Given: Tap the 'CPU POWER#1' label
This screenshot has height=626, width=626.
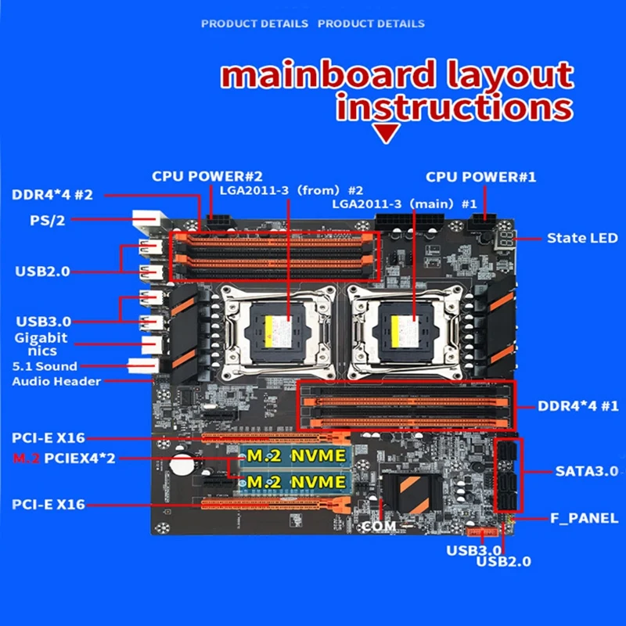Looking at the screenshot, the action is [x=481, y=177].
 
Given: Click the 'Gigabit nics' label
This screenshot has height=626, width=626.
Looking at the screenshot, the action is [x=41, y=344].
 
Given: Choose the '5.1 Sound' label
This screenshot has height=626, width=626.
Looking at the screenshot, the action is [x=45, y=366].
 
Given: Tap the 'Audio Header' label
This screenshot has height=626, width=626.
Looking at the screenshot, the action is [x=56, y=382].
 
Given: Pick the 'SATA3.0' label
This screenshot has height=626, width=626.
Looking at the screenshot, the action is [x=587, y=471].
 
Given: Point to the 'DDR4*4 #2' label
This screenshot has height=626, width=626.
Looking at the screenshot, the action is [x=52, y=194].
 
